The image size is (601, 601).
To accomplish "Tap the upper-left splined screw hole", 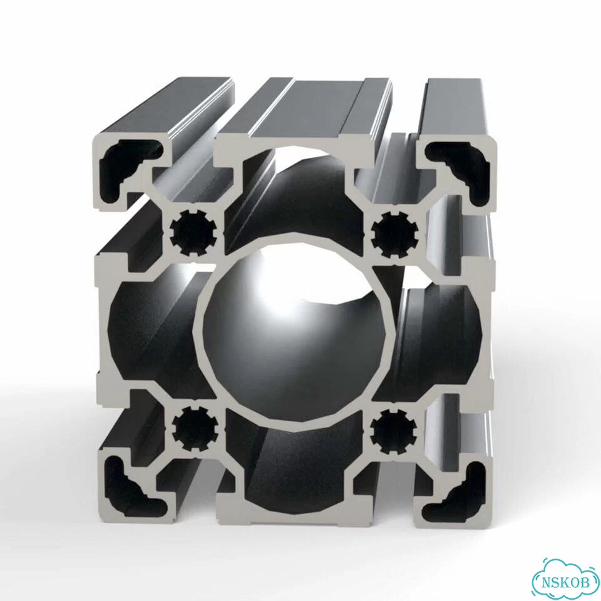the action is click(193, 232).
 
